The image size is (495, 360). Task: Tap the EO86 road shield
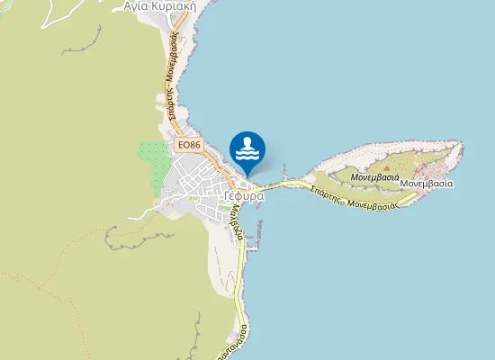pyautogui.click(x=188, y=144)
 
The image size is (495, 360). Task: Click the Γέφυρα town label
pyautogui.click(x=243, y=195)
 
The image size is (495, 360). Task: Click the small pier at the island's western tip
pyautogui.click(x=284, y=169)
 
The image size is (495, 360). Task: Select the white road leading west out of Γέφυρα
pyautogui.click(x=144, y=214)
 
